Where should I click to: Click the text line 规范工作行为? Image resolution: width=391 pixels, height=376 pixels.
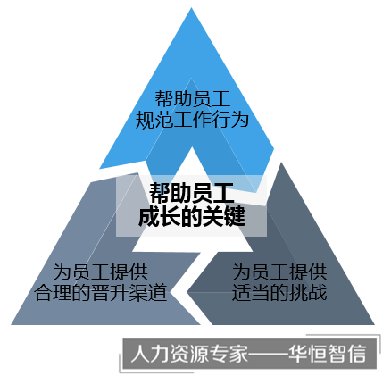[192, 120]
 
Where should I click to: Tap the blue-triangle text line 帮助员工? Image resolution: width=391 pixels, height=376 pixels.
[192, 98]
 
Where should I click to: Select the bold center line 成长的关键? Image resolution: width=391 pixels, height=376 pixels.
[192, 216]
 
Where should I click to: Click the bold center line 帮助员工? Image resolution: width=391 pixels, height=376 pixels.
[192, 193]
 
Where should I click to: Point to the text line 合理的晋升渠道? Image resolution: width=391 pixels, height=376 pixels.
[101, 293]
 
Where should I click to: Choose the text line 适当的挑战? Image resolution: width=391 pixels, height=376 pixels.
[279, 292]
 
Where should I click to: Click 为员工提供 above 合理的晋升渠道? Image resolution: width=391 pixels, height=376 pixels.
[101, 272]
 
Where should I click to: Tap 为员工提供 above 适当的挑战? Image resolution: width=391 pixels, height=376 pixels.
[279, 272]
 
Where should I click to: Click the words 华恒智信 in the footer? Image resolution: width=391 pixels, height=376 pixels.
[327, 354]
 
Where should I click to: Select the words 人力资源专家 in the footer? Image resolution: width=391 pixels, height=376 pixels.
[189, 354]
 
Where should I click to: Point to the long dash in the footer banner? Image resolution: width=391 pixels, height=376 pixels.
[268, 354]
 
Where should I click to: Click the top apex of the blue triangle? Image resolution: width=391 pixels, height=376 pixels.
[191, 8]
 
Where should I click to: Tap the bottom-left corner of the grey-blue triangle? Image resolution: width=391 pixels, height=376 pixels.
[12, 324]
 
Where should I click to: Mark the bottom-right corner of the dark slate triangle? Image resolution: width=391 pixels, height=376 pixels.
[374, 324]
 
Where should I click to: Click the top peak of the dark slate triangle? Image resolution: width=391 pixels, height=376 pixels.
[280, 163]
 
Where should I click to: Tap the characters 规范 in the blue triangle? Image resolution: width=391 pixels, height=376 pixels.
[154, 120]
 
